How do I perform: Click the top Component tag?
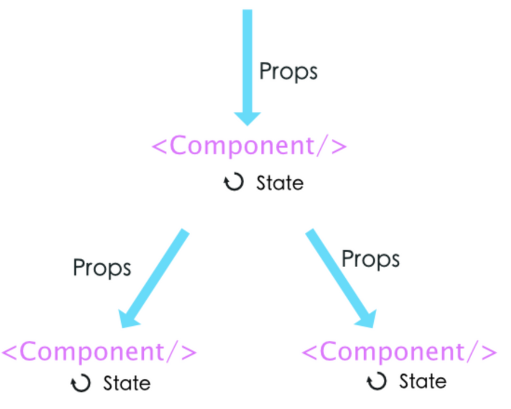249,146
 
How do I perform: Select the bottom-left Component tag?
99,352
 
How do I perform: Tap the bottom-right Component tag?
399,352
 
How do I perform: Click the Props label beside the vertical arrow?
288,72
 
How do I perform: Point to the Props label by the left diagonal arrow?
102,268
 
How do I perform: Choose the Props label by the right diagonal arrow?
370,259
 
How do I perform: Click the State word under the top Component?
280,183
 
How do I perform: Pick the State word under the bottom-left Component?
127,383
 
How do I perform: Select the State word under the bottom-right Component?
422,381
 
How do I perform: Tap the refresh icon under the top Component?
234,182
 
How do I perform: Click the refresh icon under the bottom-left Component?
81,383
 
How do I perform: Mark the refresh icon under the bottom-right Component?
377,381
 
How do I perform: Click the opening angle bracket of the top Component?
159,147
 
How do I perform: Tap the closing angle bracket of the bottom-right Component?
489,352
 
